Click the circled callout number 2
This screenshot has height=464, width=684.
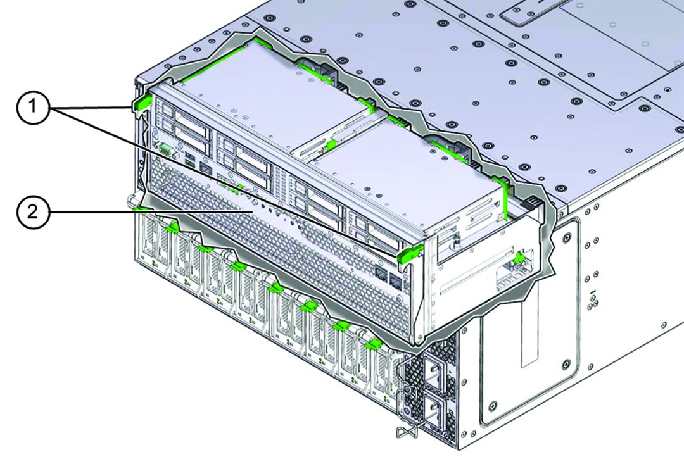click(x=34, y=212)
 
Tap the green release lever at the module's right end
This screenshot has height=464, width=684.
click(x=410, y=254)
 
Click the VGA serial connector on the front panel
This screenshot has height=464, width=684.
click(x=167, y=150)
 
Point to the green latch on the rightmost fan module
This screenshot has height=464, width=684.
click(x=374, y=345)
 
